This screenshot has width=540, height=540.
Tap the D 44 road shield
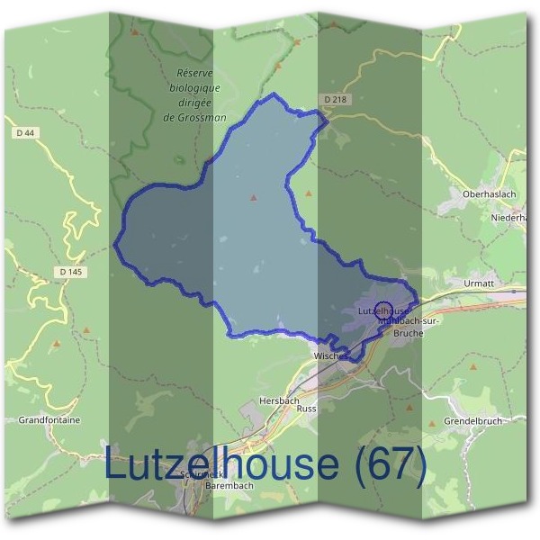(x=25, y=133)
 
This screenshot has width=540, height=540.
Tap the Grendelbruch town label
(x=472, y=420)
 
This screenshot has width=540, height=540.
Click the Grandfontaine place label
(x=49, y=419)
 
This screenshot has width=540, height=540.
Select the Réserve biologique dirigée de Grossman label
(x=199, y=94)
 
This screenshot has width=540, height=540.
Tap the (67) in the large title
(x=390, y=464)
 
